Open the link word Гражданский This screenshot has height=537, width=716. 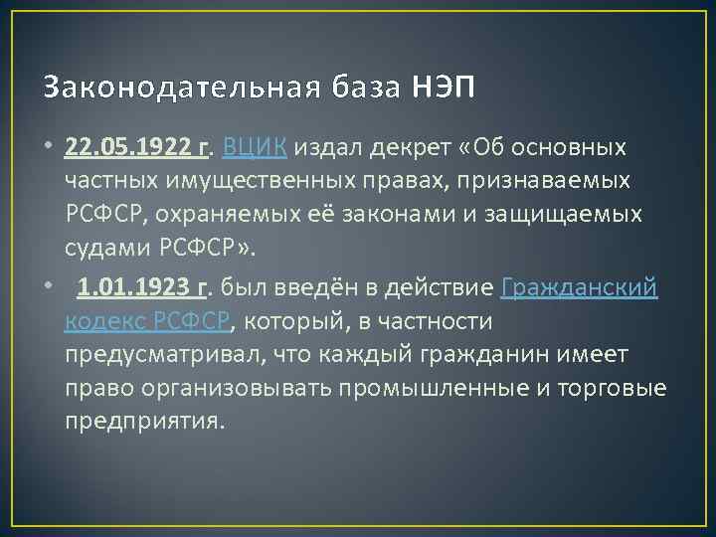580,288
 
